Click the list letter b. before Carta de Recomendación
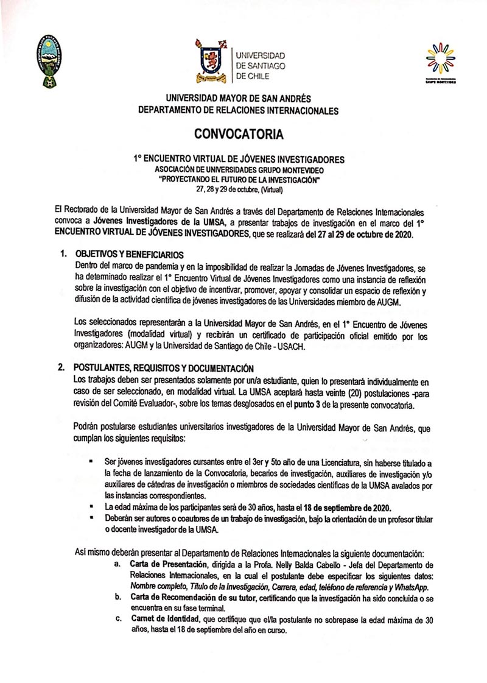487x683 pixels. click(117, 597)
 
